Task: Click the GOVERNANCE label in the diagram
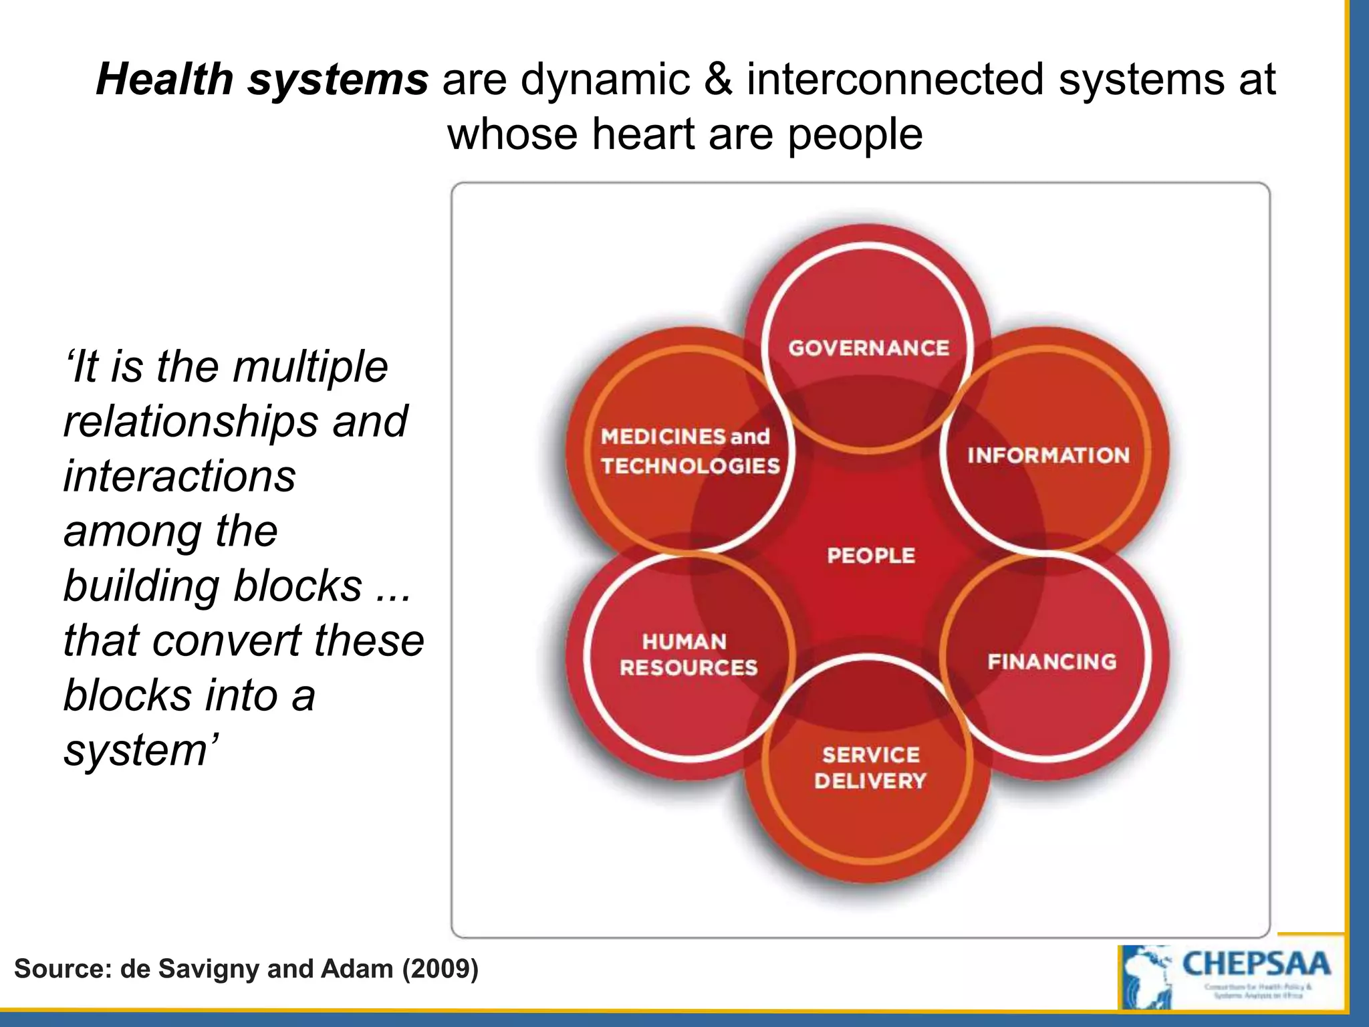868,348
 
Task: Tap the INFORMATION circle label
1047,455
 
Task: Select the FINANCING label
1051,661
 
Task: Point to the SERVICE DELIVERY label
870,768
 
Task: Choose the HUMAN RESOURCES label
688,654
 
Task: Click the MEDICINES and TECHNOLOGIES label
689,451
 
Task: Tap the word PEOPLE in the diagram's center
870,555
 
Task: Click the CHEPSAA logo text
1256,964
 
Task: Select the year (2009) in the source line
440,969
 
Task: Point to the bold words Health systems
262,79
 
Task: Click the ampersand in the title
718,79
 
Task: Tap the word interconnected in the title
895,79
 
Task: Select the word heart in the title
643,134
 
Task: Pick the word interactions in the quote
179,476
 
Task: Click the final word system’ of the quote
140,750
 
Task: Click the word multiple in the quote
310,366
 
